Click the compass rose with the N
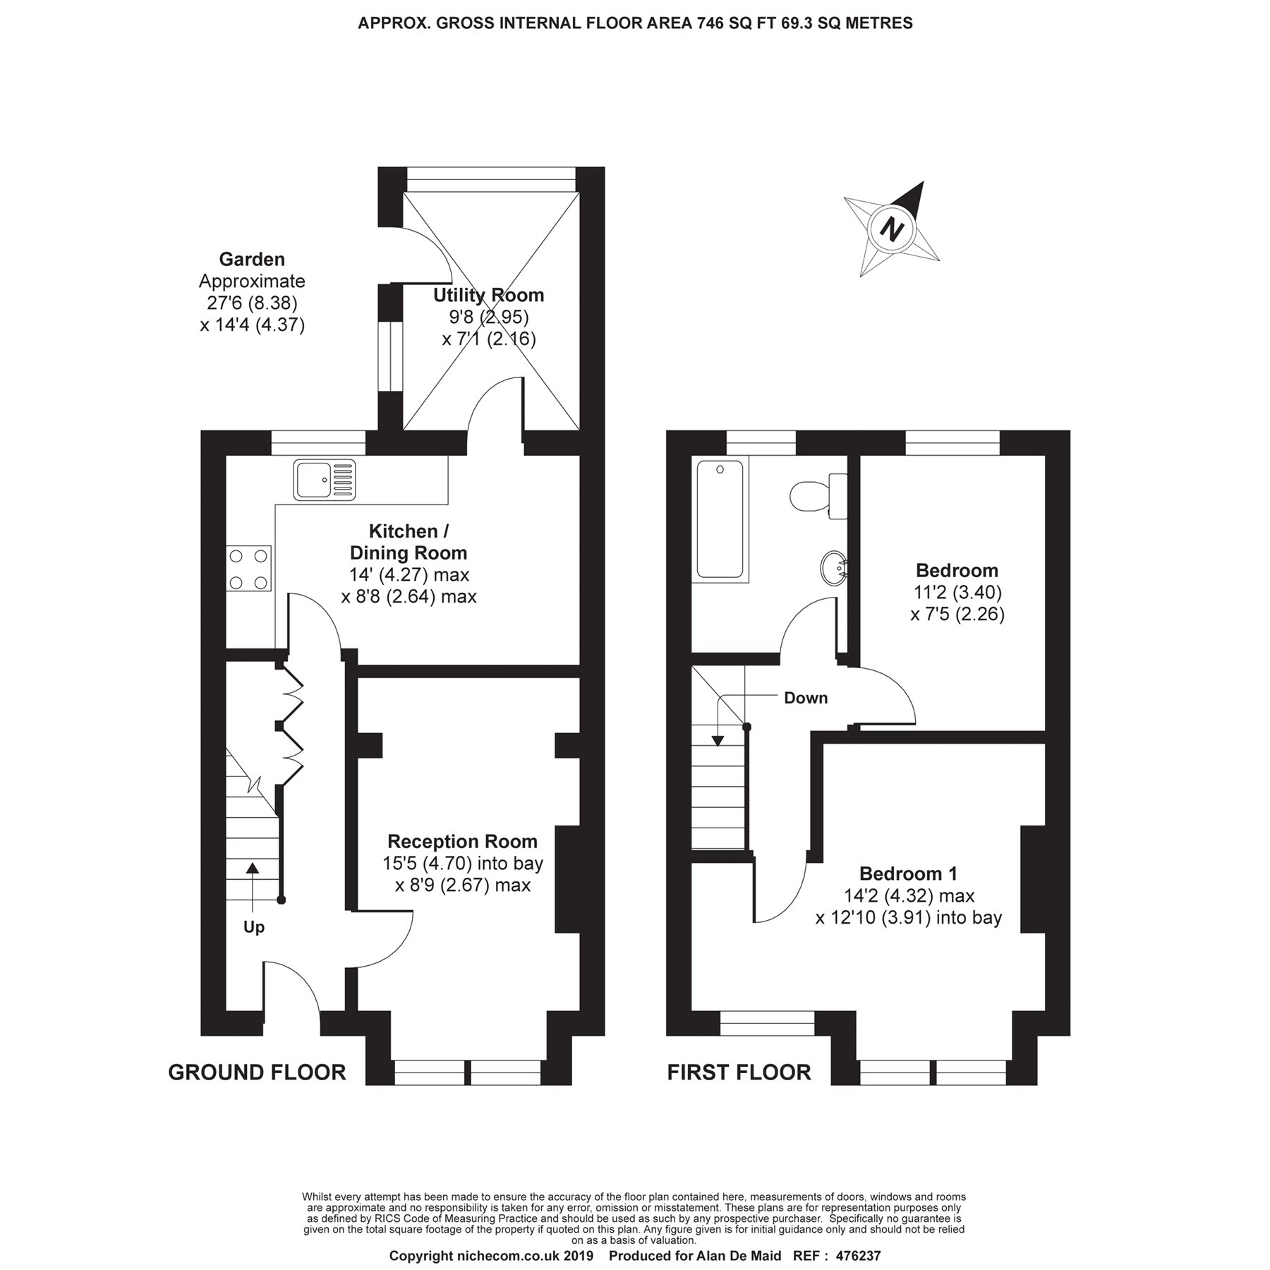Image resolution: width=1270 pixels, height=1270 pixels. (893, 230)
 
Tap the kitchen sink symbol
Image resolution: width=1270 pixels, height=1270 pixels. (325, 480)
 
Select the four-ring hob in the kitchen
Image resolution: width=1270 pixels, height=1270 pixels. (249, 568)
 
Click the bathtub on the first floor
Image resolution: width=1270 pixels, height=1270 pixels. (720, 519)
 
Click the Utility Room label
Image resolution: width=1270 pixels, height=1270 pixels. (488, 295)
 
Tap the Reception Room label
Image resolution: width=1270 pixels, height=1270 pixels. (462, 841)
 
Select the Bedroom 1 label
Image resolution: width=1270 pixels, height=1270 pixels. (908, 873)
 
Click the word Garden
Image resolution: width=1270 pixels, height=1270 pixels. (252, 259)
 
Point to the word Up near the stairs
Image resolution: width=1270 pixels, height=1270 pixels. (253, 927)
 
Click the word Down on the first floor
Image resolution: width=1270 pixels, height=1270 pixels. (805, 698)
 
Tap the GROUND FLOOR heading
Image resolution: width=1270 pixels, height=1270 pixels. (257, 1072)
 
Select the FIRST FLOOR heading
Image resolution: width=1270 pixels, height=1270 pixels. (739, 1072)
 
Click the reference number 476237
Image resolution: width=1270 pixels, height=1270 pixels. (858, 1256)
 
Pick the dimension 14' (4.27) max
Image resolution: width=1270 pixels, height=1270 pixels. (409, 574)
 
